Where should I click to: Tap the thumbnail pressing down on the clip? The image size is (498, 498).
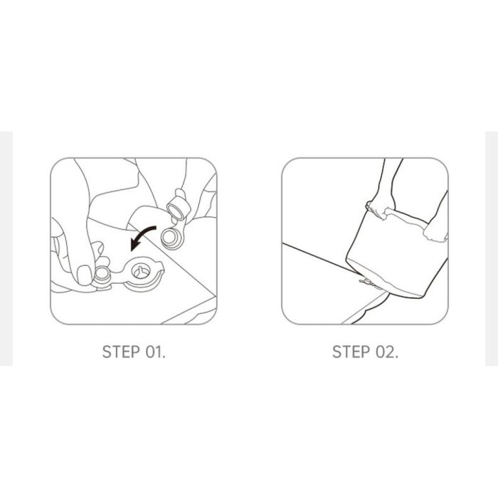(x=84, y=275)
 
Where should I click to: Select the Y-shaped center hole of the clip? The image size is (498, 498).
(x=140, y=272)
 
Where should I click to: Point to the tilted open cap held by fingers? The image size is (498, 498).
(x=178, y=207)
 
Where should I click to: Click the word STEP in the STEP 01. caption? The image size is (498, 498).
(x=121, y=352)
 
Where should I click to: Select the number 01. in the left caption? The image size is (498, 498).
(x=156, y=352)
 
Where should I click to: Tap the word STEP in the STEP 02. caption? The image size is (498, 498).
(x=351, y=352)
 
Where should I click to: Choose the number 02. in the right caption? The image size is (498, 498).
(x=387, y=352)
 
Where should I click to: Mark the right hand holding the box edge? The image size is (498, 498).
(x=435, y=232)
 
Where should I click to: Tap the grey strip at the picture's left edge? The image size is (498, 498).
(x=6, y=248)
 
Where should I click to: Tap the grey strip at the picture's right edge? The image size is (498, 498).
(x=492, y=248)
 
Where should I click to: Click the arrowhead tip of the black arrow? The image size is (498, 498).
(x=132, y=250)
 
